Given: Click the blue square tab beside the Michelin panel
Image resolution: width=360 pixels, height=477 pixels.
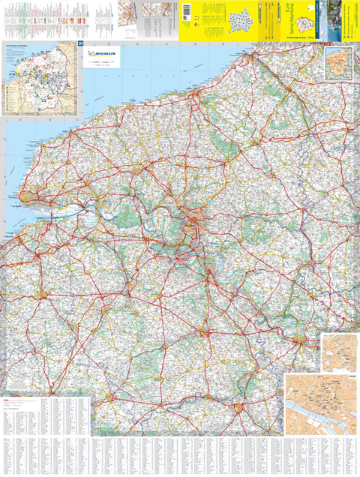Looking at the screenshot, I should tap(79, 47).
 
